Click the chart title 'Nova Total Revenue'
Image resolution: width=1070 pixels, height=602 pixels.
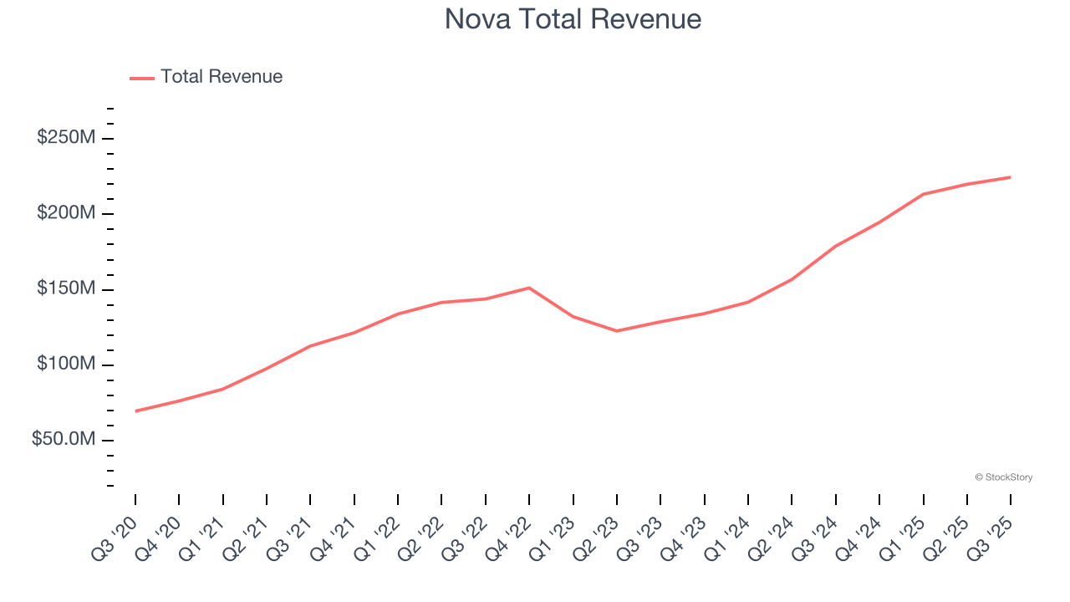[x=573, y=19]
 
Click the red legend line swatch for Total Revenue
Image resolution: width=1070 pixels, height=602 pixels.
[x=142, y=78]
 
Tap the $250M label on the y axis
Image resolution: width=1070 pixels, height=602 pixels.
[x=66, y=138]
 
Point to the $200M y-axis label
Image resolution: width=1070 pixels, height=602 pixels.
[x=66, y=213]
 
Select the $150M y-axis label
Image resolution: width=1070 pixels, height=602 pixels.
[x=66, y=289]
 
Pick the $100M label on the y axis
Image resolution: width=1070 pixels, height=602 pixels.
[x=66, y=365]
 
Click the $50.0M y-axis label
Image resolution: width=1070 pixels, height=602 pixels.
[x=64, y=440]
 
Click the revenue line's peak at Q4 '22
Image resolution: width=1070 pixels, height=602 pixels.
[x=529, y=288]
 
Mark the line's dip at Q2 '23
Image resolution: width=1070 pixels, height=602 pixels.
[x=617, y=331]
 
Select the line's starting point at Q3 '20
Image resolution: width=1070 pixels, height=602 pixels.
[x=135, y=411]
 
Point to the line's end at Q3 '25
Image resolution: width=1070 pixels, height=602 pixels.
[x=1011, y=177]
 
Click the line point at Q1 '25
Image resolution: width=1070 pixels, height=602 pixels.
[x=923, y=194]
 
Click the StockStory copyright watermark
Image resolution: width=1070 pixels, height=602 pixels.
[x=1004, y=477]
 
